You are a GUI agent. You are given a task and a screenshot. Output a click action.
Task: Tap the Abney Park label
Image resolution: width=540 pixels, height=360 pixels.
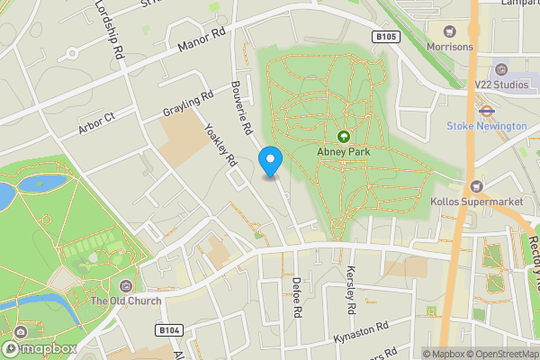coord(343,152)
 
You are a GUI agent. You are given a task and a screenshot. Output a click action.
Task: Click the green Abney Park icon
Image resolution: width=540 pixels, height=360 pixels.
coord(343,137)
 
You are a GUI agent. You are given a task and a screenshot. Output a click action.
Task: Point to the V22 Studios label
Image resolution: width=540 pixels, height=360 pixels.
coord(501,85)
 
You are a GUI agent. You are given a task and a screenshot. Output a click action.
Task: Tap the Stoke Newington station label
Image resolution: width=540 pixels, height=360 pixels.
coord(486,126)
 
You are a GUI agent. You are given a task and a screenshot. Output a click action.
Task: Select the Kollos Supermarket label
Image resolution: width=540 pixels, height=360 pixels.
coord(477,201)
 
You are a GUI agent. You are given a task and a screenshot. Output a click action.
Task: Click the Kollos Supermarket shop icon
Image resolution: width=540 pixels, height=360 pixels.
coord(477,186)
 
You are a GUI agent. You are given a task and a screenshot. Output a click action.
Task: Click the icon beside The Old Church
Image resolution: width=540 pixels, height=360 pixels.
coord(124,285)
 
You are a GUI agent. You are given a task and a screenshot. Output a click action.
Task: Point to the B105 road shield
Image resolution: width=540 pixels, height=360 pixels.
coord(385,36)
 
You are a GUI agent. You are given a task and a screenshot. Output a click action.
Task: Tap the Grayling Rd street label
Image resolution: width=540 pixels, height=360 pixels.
coord(188,105)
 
